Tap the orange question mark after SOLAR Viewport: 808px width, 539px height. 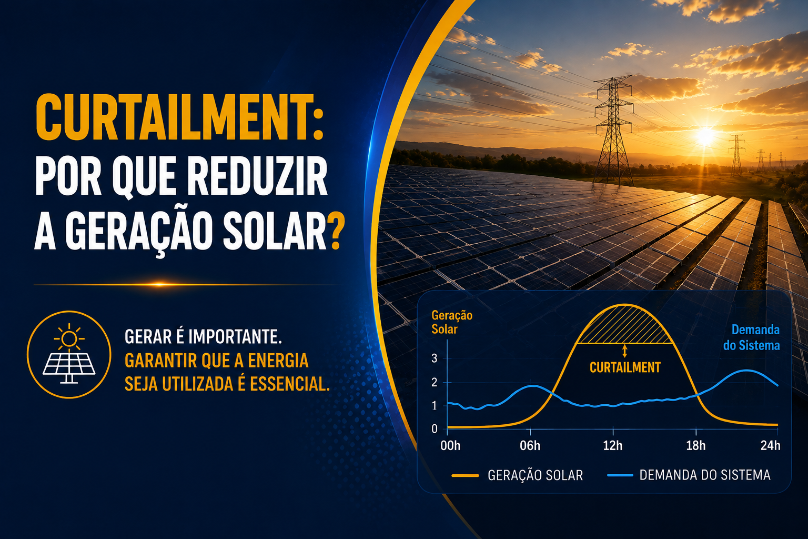[336, 231]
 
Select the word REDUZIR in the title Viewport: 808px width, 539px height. [258, 176]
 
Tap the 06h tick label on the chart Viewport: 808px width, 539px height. [530, 445]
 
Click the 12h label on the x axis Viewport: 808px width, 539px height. [613, 445]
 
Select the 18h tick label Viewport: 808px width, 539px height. [696, 445]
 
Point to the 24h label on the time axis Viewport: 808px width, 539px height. [770, 445]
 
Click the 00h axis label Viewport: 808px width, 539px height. [450, 445]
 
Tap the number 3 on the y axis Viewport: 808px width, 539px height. [435, 358]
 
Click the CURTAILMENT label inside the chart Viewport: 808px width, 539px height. [625, 367]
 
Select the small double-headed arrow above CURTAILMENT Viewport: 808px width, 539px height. [624, 351]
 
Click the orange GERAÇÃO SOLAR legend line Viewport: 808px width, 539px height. [465, 475]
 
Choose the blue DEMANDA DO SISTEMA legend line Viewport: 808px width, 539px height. [620, 475]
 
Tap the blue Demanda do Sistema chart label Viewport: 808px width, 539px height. [751, 337]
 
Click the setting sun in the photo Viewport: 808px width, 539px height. [705, 135]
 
